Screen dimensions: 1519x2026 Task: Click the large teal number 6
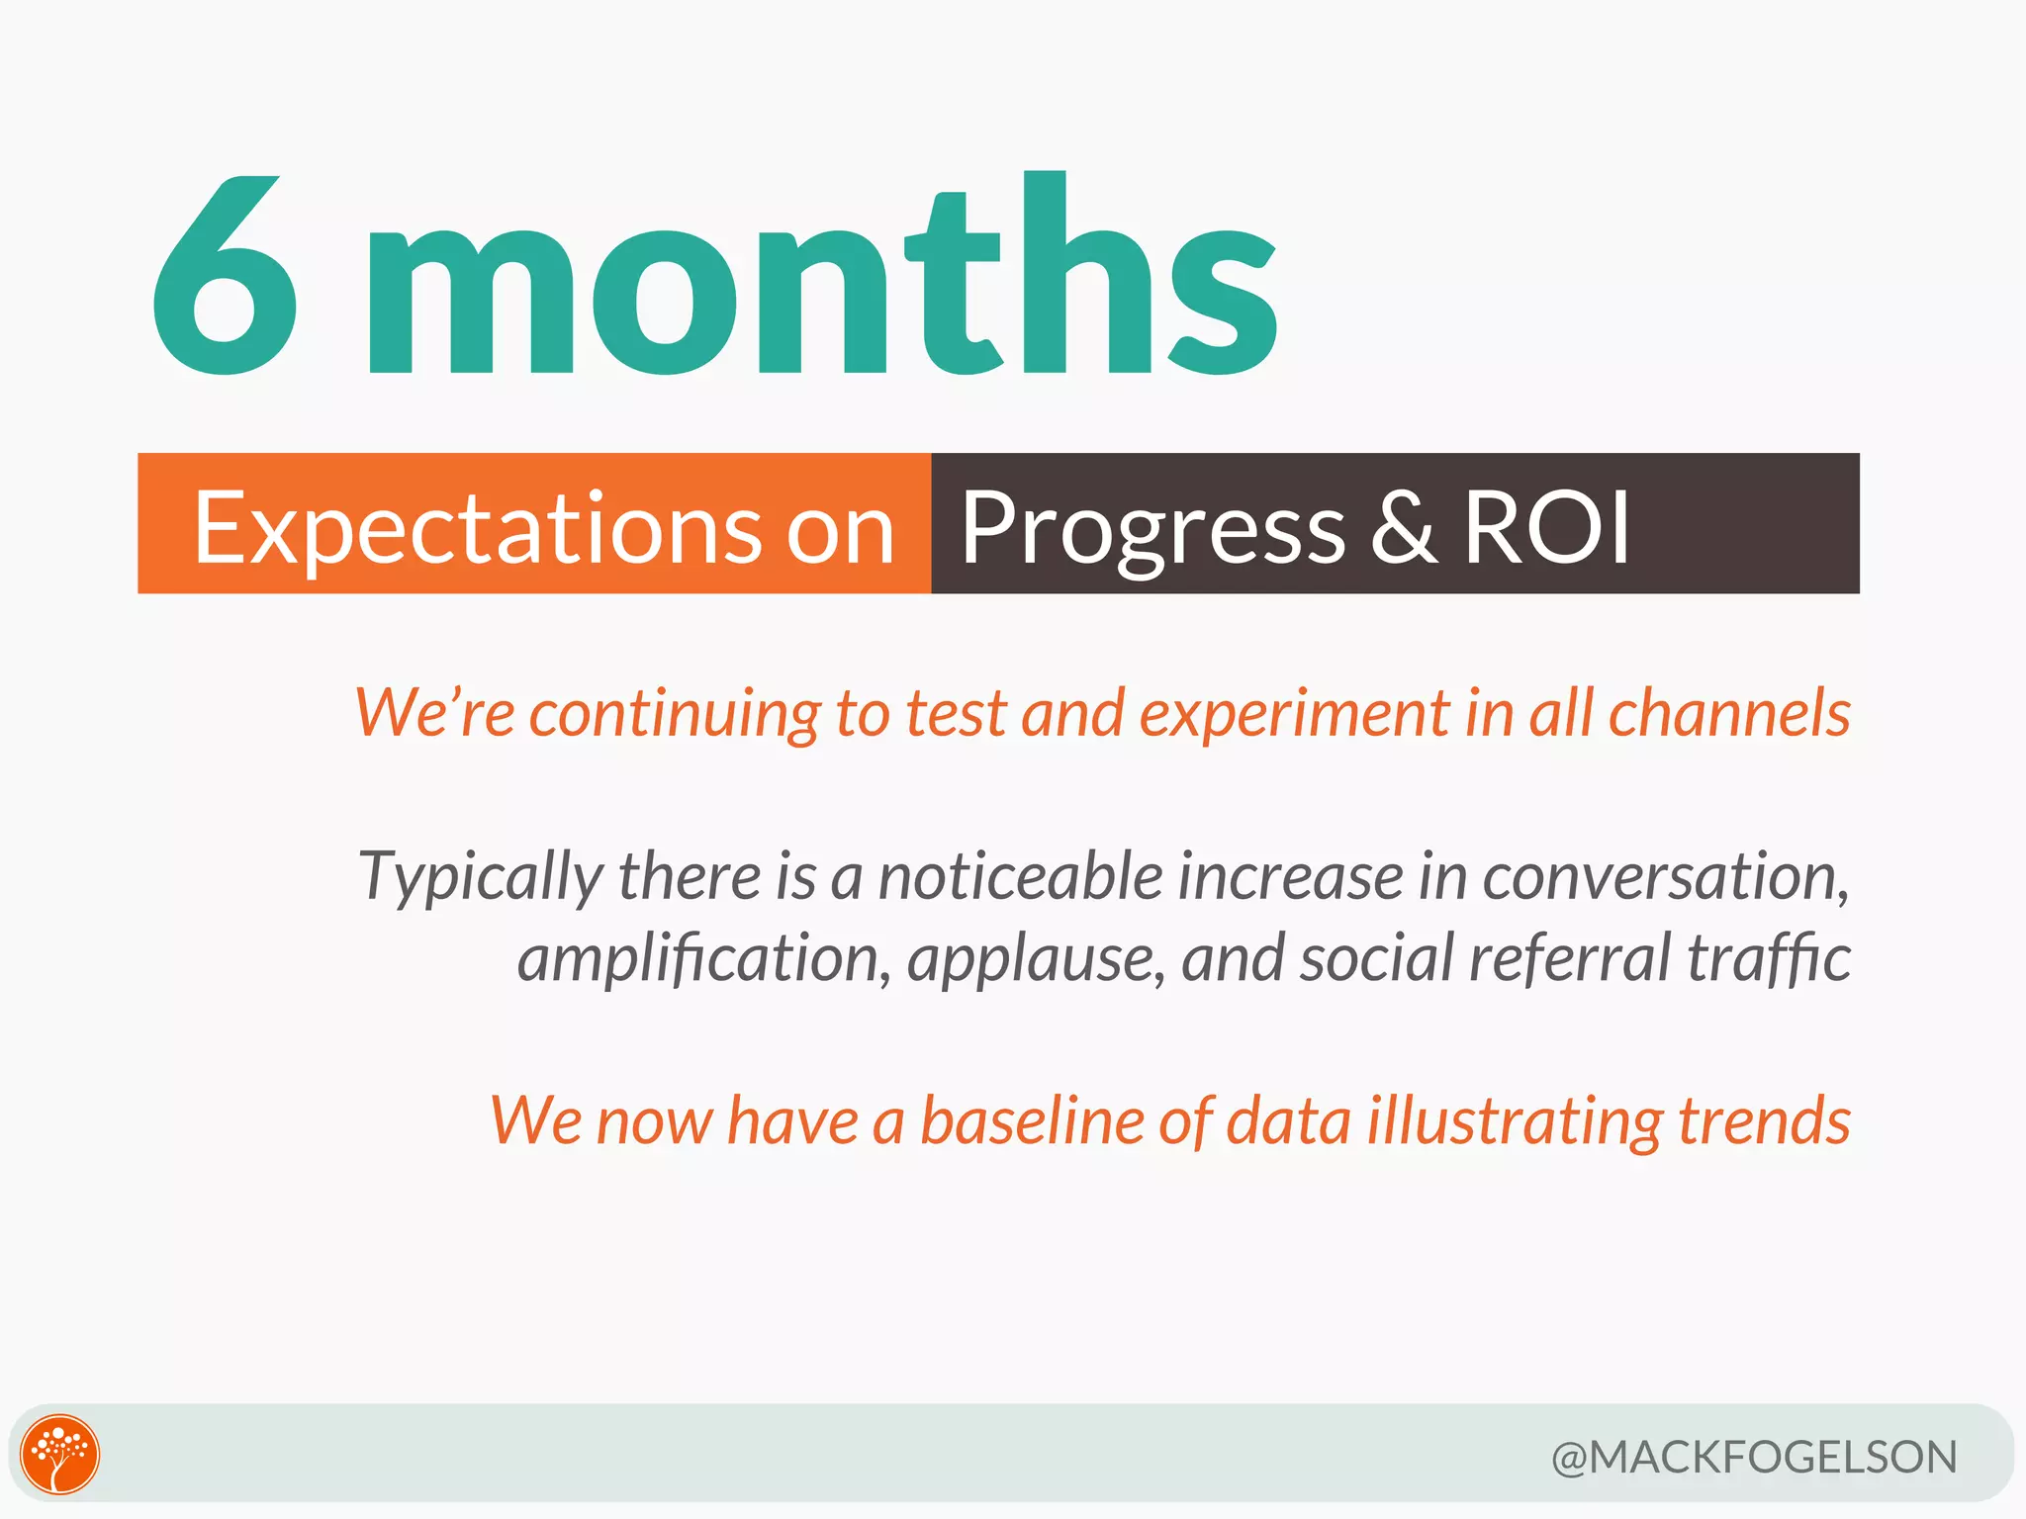tap(226, 277)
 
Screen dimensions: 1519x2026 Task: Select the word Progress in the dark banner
tap(1152, 530)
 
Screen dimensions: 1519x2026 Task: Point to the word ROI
tap(1546, 528)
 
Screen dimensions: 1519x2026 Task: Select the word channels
tap(1728, 712)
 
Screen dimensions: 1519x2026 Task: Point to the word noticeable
tap(1020, 876)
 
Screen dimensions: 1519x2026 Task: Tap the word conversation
tap(1665, 876)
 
